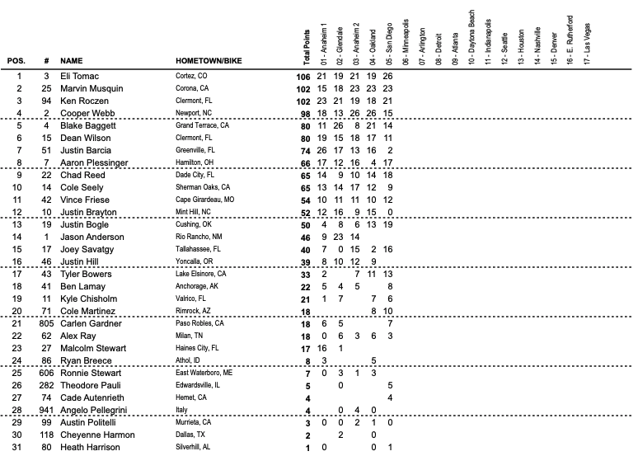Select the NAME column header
coord(72,62)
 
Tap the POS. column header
coord(16,62)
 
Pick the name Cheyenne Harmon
coord(95,435)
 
